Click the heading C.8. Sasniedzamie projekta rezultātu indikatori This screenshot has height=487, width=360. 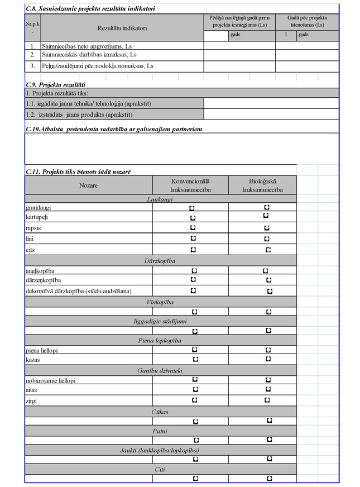pyautogui.click(x=90, y=9)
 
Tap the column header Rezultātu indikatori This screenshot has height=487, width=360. pyautogui.click(x=122, y=28)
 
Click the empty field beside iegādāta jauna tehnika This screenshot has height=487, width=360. pyautogui.click(x=271, y=103)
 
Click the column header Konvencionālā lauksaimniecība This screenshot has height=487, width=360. pyautogui.click(x=191, y=185)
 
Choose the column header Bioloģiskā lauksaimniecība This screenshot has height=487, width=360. pyautogui.click(x=262, y=185)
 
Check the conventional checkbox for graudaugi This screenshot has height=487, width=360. pyautogui.click(x=192, y=208)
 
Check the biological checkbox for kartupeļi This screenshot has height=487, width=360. pyautogui.click(x=266, y=216)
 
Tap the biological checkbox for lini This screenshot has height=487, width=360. pyautogui.click(x=267, y=239)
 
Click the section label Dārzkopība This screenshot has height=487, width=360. pyautogui.click(x=160, y=260)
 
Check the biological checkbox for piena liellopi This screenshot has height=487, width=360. pyautogui.click(x=268, y=350)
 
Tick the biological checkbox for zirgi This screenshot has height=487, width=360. pyautogui.click(x=267, y=400)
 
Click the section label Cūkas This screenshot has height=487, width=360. pyautogui.click(x=160, y=412)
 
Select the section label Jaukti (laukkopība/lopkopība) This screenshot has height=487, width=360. pyautogui.click(x=160, y=450)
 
